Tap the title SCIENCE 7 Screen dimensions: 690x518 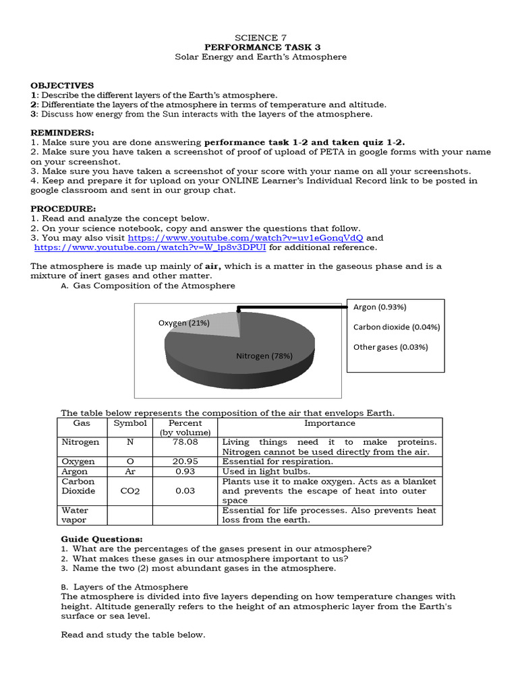point(256,38)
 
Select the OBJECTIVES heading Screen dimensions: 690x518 point(62,86)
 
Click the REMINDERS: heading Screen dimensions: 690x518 point(63,133)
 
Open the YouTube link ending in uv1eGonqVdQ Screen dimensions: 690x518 point(246,238)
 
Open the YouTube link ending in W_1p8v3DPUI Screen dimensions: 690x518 point(150,247)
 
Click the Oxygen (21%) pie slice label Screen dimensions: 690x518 point(184,323)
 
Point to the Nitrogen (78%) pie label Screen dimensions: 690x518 point(264,356)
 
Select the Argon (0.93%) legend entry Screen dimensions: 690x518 point(380,307)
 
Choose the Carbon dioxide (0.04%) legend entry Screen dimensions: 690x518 point(396,327)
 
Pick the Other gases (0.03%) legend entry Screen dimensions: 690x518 point(390,347)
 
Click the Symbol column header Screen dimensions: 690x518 point(129,423)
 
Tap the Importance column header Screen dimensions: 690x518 point(329,423)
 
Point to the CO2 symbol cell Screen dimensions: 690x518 point(129,491)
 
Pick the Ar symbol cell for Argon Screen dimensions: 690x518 point(129,472)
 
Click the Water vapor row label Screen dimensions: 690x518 point(75,515)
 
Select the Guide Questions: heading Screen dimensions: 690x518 point(102,539)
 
